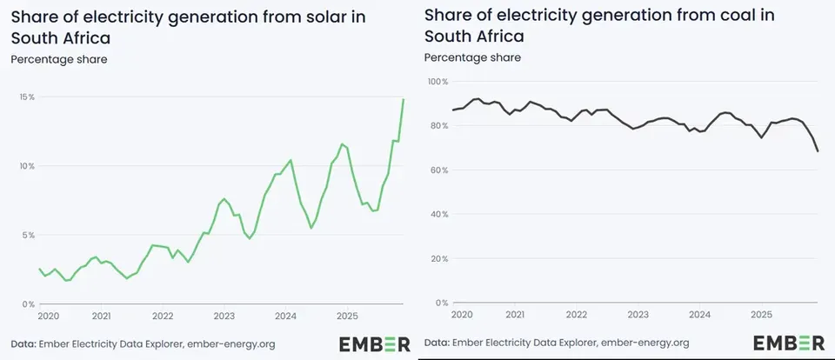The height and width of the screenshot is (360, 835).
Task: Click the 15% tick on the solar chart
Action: click(28, 97)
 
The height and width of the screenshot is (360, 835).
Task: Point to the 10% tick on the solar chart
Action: click(28, 166)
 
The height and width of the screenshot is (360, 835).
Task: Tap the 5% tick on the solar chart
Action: click(30, 236)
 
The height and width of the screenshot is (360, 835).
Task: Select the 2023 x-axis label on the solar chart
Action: click(224, 316)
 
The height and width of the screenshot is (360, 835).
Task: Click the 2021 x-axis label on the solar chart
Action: click(101, 316)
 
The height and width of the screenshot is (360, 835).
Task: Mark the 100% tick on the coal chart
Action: click(438, 82)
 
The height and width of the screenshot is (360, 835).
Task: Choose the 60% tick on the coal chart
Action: click(440, 170)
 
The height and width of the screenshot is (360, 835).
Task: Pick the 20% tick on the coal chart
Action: click(440, 259)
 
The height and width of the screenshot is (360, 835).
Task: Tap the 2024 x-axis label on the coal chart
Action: click(699, 315)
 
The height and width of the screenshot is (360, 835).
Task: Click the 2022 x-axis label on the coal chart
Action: click(576, 315)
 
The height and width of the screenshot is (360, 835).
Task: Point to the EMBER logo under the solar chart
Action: click(375, 344)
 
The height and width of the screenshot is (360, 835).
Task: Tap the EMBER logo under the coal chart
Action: click(789, 343)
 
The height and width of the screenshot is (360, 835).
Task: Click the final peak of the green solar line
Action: click(403, 100)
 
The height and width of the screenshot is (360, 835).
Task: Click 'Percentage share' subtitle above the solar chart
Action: click(59, 59)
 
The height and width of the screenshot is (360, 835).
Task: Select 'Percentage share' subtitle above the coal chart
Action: click(472, 57)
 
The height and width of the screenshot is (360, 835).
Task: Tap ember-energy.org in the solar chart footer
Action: click(231, 344)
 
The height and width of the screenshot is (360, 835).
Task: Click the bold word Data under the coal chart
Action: click(437, 343)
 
